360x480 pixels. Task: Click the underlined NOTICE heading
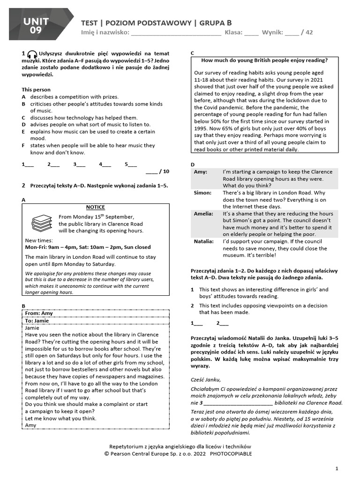point(96,207)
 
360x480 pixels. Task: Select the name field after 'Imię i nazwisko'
point(175,33)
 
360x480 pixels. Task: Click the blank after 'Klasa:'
point(251,33)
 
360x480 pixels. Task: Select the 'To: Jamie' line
point(39,321)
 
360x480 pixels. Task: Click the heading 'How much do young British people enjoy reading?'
point(264,60)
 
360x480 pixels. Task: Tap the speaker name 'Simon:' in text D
point(202,193)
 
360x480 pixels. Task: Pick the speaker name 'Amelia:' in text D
point(204,213)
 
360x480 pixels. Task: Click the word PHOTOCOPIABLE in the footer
point(231,454)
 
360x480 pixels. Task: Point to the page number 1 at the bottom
point(337,468)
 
